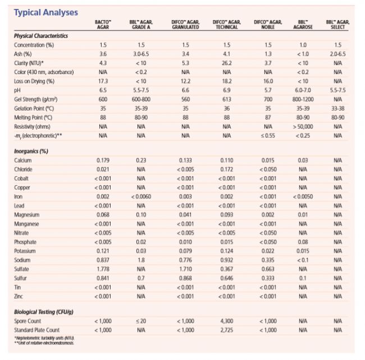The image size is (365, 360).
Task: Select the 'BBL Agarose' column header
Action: pyautogui.click(x=302, y=24)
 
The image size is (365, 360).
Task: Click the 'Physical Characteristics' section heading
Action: pyautogui.click(x=41, y=36)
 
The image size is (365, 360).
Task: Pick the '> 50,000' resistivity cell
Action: pyautogui.click(x=302, y=127)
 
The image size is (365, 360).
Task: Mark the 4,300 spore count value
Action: pyautogui.click(x=227, y=321)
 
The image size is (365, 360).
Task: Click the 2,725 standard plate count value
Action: pyautogui.click(x=227, y=330)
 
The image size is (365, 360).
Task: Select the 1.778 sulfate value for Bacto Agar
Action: pyautogui.click(x=103, y=269)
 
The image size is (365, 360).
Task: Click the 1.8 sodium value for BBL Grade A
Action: pyautogui.click(x=141, y=260)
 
